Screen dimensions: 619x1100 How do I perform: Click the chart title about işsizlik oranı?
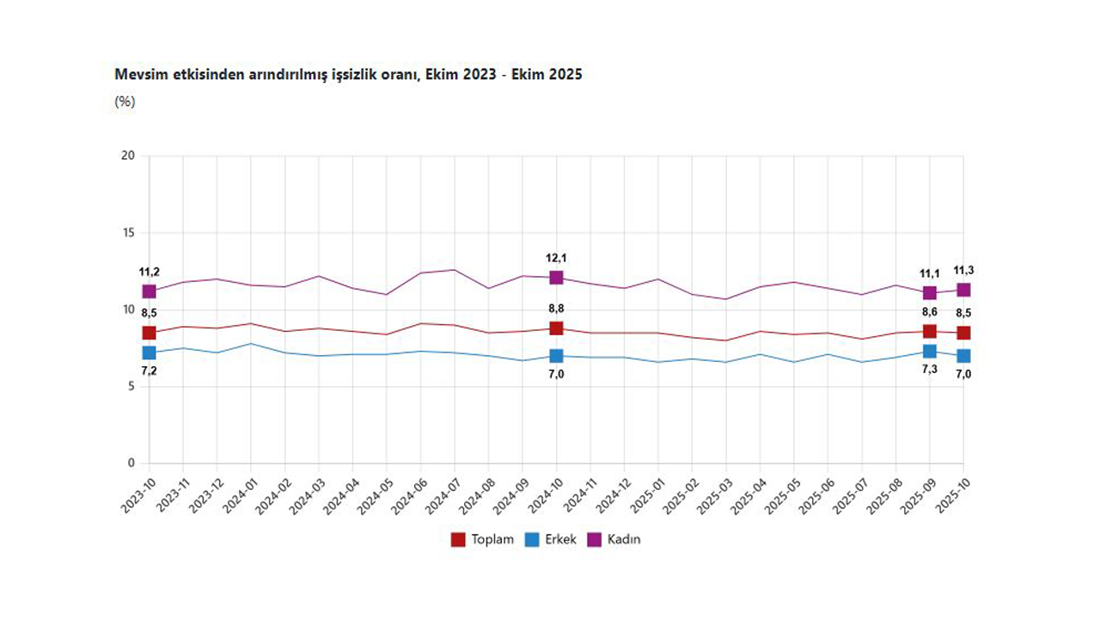click(x=348, y=75)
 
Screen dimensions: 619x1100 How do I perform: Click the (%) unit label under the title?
click(x=125, y=101)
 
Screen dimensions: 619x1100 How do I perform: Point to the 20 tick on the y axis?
click(x=128, y=156)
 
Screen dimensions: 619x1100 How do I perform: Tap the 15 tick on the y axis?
click(x=128, y=233)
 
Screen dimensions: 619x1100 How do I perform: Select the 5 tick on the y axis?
click(x=131, y=387)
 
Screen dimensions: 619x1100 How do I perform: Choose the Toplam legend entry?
click(x=483, y=540)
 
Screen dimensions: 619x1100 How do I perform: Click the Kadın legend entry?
click(x=614, y=540)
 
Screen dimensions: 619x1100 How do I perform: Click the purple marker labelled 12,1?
click(x=556, y=278)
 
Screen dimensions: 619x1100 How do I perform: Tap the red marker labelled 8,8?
click(x=556, y=328)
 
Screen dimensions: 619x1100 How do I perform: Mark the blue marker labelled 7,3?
click(x=930, y=351)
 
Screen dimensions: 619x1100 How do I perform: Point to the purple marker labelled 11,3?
click(x=963, y=290)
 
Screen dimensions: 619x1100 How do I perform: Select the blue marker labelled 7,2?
click(x=150, y=352)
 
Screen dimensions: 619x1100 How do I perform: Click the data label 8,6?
click(x=930, y=313)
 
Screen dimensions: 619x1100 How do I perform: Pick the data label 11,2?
click(x=150, y=273)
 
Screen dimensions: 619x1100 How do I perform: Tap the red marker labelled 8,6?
click(x=930, y=331)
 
